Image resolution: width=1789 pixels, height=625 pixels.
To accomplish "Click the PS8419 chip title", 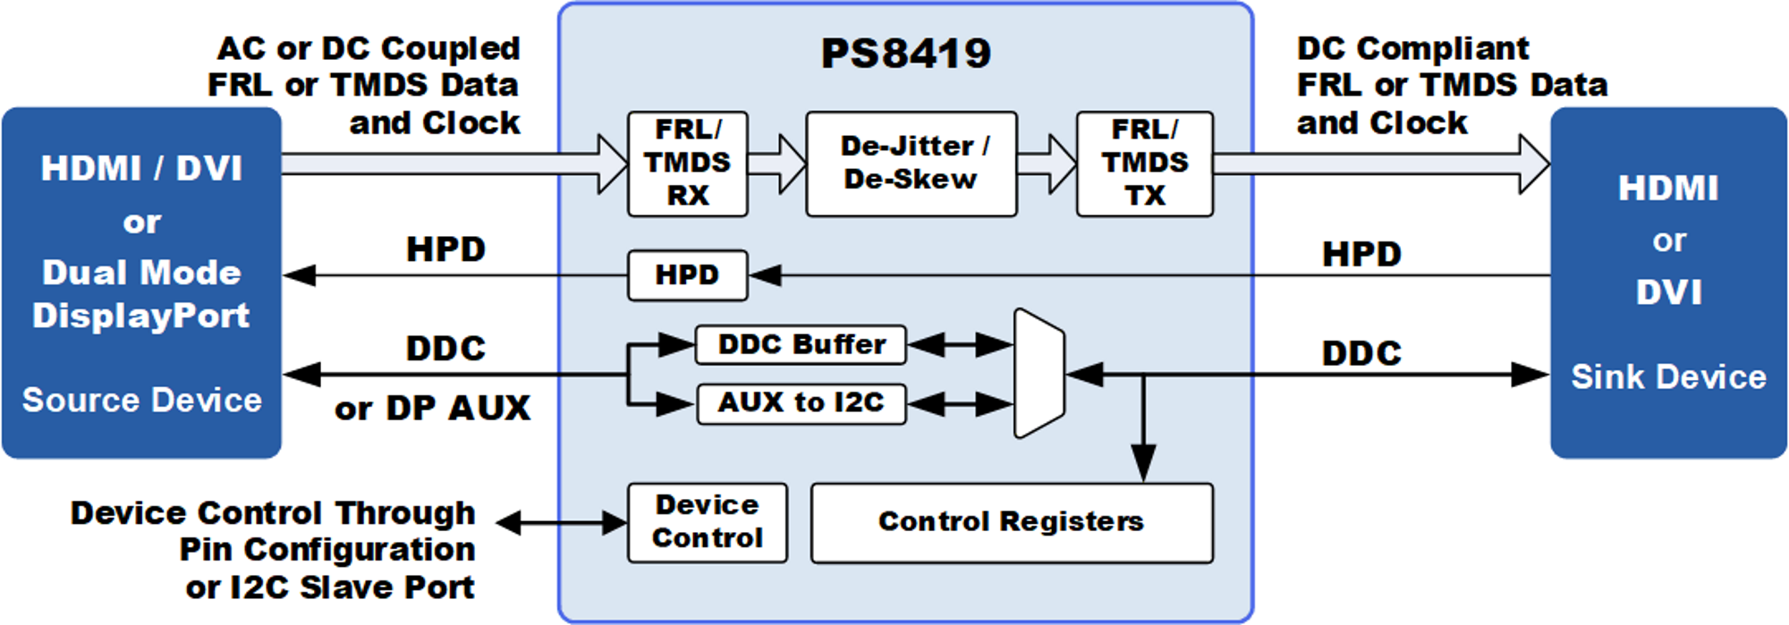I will point(905,53).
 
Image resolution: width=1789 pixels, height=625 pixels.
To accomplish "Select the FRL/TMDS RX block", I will point(687,164).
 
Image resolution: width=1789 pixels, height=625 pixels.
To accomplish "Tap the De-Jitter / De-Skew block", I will point(911,164).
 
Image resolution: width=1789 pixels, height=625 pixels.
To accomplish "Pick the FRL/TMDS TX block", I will point(1144,164).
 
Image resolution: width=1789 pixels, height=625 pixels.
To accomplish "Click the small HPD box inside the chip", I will point(687,274).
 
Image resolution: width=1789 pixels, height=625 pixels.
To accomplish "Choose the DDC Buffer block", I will point(801,344).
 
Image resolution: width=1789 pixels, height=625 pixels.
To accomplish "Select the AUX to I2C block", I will point(801,403).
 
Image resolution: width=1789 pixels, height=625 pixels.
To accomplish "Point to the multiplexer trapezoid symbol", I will point(1039,374).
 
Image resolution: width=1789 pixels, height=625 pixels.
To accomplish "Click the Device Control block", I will point(707,522).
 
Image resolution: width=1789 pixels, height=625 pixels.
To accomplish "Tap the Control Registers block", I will point(1011,522).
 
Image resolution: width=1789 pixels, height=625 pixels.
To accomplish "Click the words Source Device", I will point(141,400).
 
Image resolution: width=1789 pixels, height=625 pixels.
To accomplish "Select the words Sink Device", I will point(1668,377).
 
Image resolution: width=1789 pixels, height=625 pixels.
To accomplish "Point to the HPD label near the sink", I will point(1361,255).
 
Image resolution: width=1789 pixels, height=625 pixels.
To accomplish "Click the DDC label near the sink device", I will point(1361,354).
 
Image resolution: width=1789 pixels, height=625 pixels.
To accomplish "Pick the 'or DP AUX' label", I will point(432,409).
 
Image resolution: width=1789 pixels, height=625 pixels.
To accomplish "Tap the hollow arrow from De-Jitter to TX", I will point(1047,164).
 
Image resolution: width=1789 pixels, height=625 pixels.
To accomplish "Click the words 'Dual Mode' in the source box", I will point(141,273).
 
